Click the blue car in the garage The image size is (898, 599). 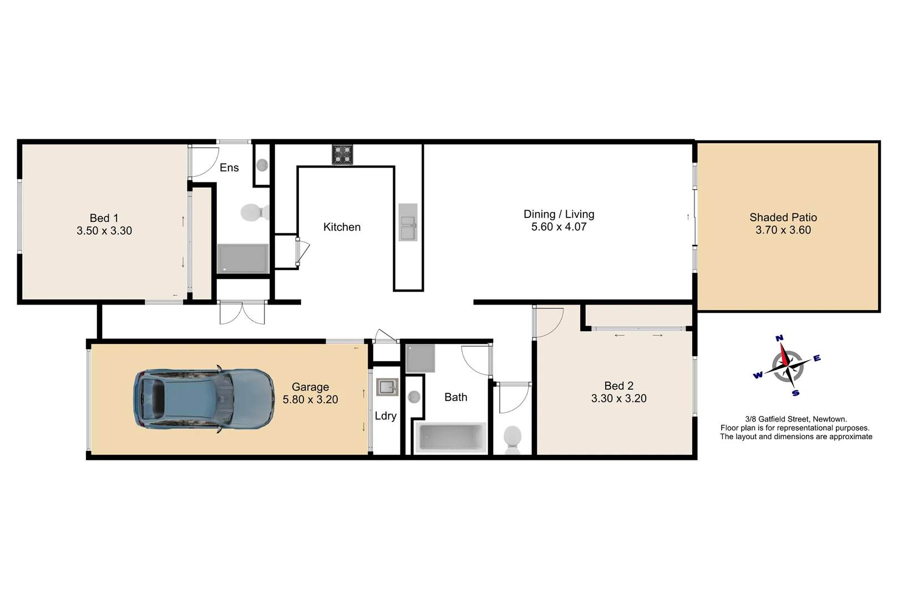point(204,398)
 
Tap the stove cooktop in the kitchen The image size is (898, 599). point(342,155)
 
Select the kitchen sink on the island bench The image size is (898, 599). point(408,222)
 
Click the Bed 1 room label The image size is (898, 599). point(104,218)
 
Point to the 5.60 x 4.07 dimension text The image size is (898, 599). point(559,227)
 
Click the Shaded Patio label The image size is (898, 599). point(783,217)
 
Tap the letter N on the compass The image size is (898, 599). point(779,338)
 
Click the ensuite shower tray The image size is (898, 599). point(242,258)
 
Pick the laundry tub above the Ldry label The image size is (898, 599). point(387,387)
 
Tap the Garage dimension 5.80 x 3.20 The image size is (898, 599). point(310,399)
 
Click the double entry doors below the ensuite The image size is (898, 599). point(242,313)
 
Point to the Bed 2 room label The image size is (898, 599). point(618,385)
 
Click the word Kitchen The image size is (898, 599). point(342,227)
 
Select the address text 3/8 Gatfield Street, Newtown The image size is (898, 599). point(795,419)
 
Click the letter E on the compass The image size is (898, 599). point(816,358)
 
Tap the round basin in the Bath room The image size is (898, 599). point(414,397)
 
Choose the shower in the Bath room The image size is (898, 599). point(420,358)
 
